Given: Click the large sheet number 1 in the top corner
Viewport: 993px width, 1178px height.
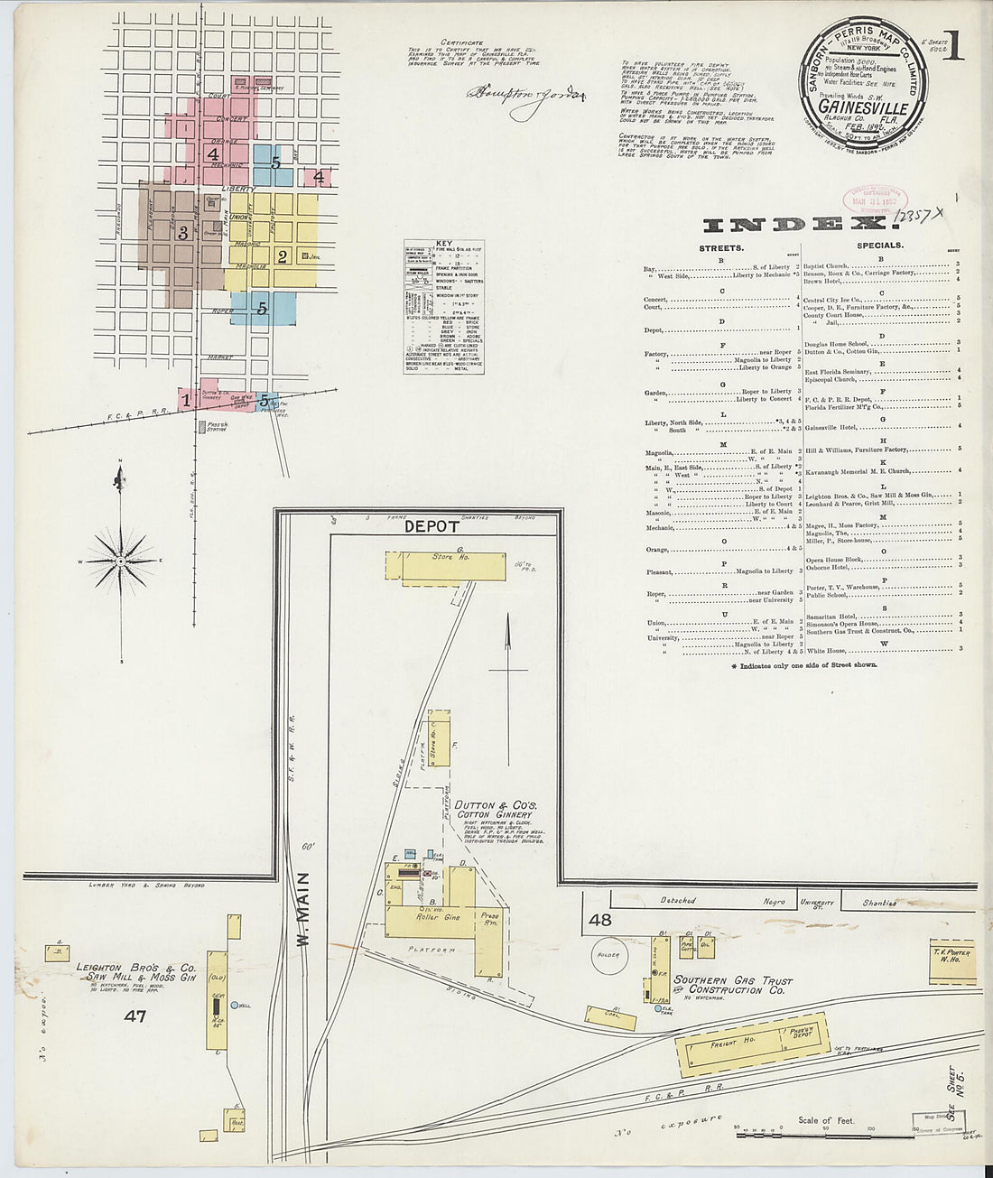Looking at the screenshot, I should [953, 44].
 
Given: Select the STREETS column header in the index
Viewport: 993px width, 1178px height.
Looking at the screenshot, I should [721, 246].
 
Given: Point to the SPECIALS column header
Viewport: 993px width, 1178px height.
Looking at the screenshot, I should [880, 246].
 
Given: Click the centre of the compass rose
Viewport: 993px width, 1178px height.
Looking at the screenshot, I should [120, 561].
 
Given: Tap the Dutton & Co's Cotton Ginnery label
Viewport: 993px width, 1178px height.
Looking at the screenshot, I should [496, 809].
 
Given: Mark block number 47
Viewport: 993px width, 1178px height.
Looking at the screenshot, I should [135, 1016].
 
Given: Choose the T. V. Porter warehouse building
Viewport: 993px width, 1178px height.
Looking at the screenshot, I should [951, 963].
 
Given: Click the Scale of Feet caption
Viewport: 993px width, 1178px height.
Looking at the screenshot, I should [827, 1120].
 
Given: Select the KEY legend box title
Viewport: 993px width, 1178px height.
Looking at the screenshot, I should [443, 244].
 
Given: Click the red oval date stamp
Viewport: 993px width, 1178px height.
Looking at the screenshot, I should [875, 201].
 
